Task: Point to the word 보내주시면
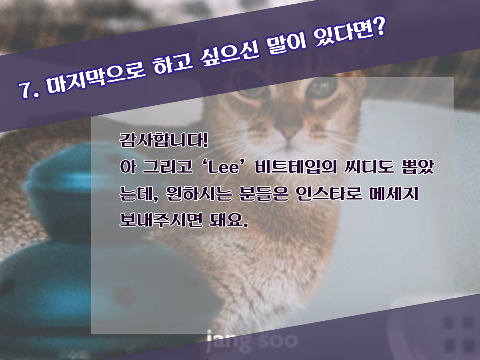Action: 161,220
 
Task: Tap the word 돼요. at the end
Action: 229,220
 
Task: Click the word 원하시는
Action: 198,194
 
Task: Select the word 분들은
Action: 264,194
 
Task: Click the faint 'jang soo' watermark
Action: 252,341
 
